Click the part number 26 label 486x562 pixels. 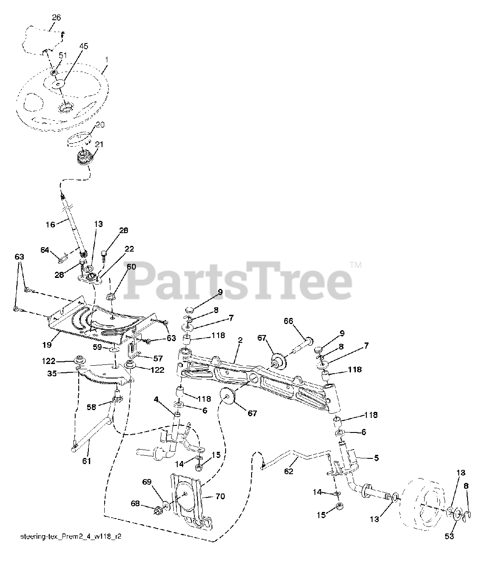56,18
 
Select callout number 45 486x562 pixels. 84,46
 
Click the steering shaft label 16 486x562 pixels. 51,224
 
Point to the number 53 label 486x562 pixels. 449,536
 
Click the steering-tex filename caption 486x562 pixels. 70,537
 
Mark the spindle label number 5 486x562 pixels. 376,458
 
